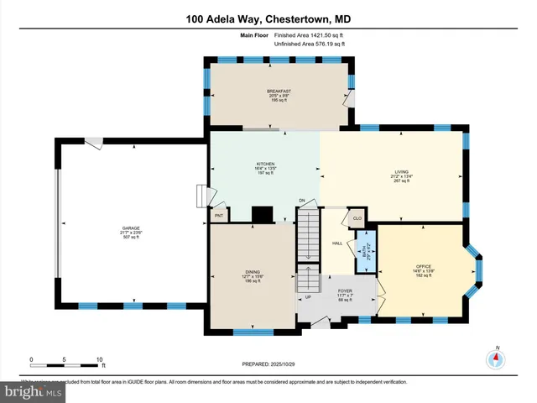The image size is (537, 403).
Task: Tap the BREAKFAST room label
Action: [278, 91]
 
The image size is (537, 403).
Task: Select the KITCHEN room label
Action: [265, 164]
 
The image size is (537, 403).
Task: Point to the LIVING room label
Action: [402, 172]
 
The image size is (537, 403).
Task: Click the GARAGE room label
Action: [131, 228]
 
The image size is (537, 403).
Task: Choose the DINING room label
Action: [253, 271]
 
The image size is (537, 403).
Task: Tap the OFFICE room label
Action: [422, 267]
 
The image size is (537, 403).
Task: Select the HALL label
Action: [337, 243]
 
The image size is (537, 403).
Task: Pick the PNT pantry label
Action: [219, 216]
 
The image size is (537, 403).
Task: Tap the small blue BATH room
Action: [362, 249]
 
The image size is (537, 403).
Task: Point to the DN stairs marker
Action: [301, 201]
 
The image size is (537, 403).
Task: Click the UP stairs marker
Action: [307, 296]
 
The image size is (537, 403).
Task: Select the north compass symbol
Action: [496, 358]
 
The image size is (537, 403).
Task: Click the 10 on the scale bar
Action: [100, 359]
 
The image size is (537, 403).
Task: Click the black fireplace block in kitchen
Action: [262, 214]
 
